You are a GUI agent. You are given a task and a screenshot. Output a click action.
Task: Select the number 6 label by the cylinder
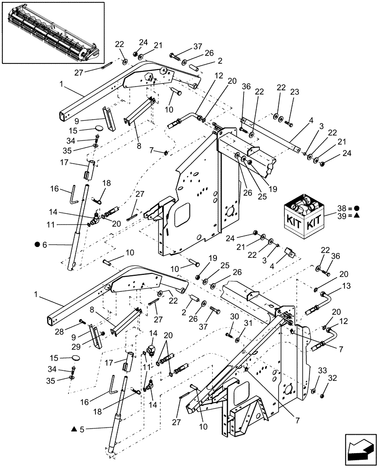point(45,245)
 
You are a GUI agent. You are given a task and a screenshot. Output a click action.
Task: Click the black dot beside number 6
point(36,245)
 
